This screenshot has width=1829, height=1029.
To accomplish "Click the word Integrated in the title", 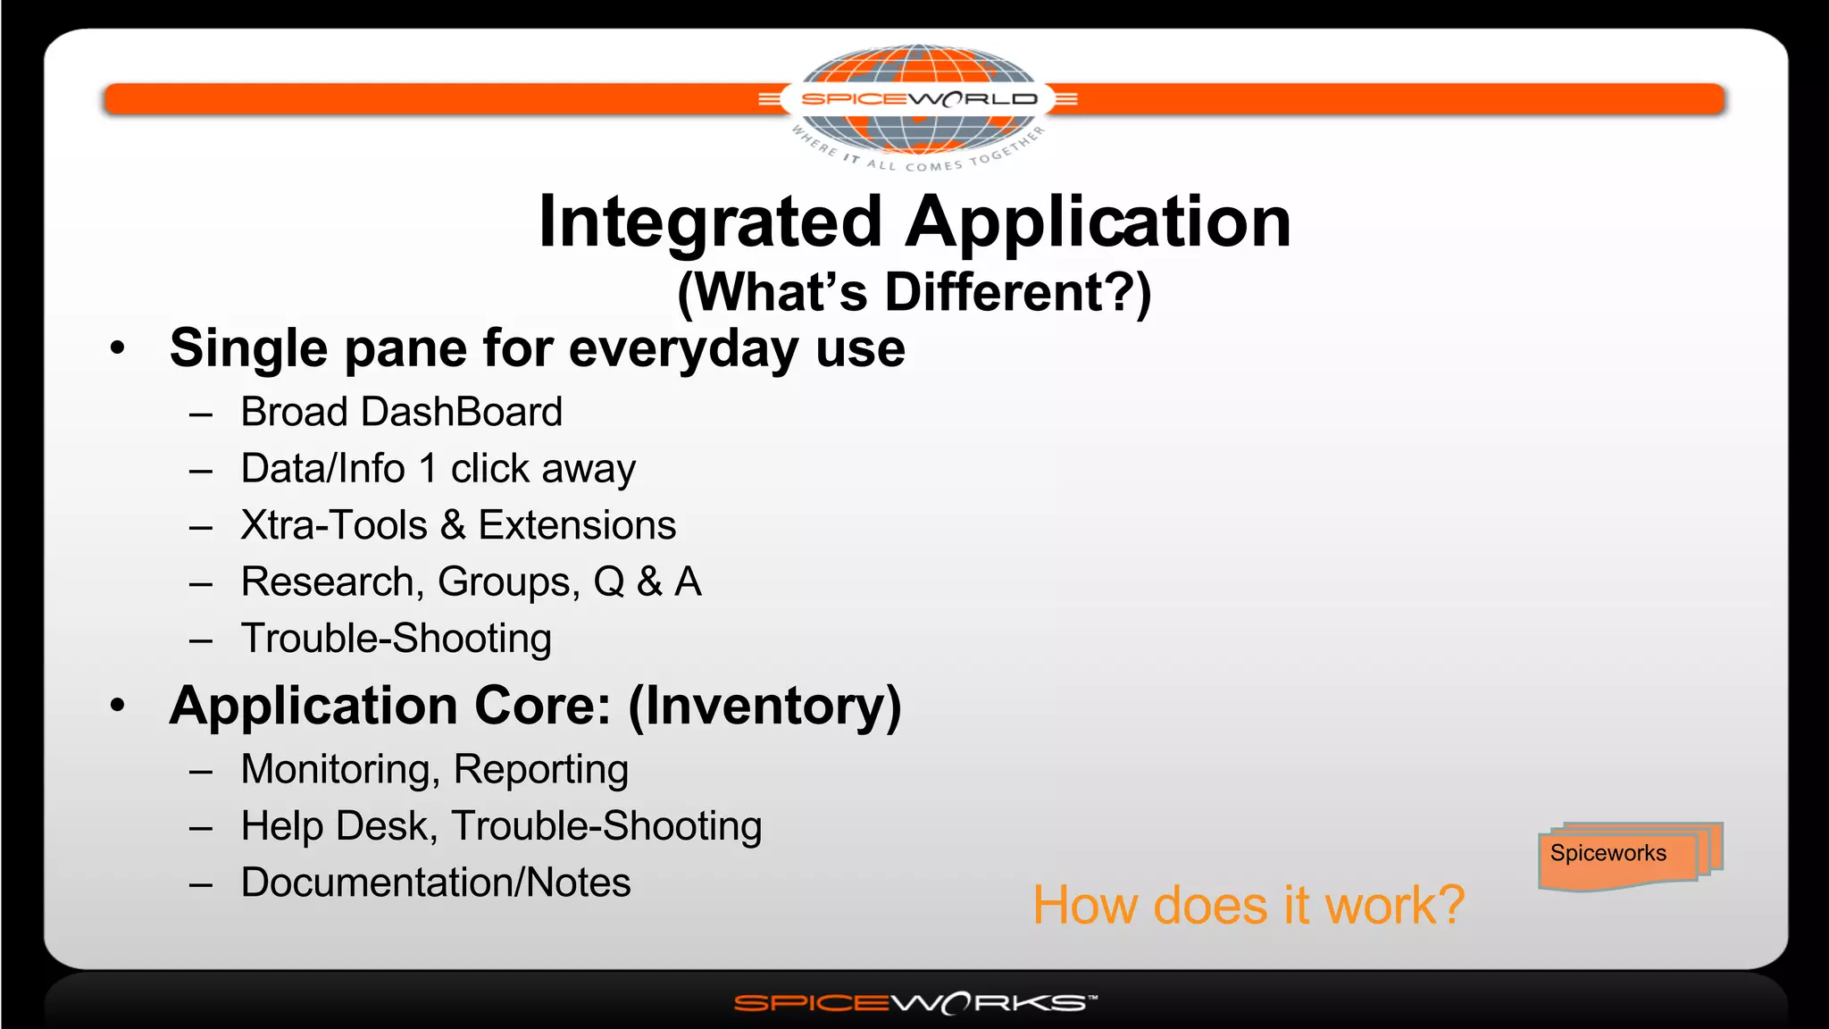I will [x=711, y=222].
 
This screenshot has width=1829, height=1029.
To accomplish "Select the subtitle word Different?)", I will [x=1018, y=292].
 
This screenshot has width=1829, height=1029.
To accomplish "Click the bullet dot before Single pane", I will [x=118, y=348].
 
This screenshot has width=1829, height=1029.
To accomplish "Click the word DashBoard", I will [x=462, y=412].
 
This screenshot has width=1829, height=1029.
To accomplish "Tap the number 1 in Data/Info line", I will [x=428, y=469].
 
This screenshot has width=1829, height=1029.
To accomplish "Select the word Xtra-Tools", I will [x=334, y=525].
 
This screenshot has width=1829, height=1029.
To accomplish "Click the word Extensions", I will [x=577, y=525].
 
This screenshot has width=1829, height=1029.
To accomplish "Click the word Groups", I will [x=504, y=582].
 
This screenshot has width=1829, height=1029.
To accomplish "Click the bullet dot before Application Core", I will [x=118, y=706].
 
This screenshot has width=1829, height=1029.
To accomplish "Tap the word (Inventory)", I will [x=765, y=706].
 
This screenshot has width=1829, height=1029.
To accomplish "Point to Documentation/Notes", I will [x=436, y=883].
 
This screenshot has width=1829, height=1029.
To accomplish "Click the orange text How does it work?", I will [x=1249, y=905].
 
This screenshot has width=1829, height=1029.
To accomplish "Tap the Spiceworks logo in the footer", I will [x=914, y=1003].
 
